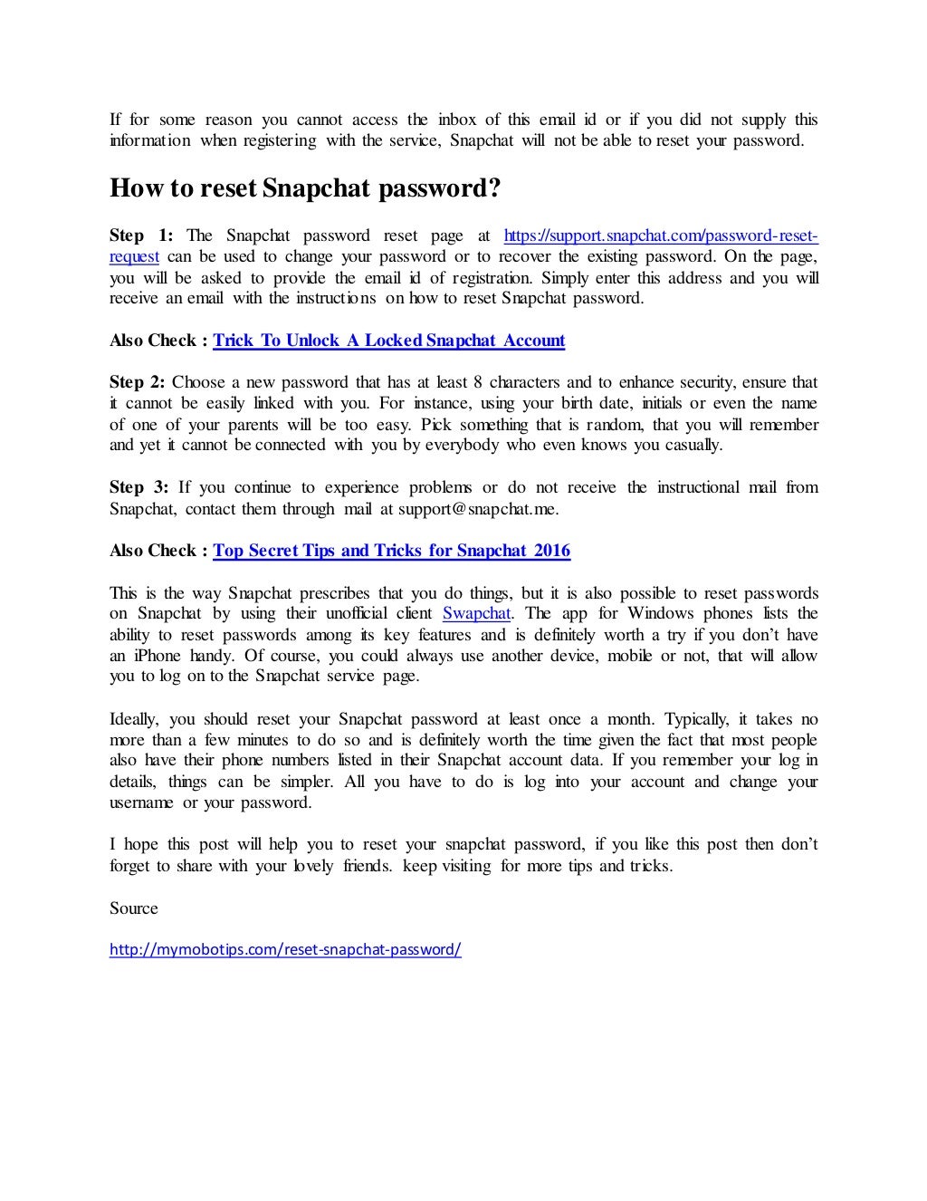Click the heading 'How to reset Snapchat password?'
(x=304, y=188)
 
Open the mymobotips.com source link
(x=285, y=950)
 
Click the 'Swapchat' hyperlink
(x=476, y=614)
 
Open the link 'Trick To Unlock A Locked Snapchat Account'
(x=388, y=341)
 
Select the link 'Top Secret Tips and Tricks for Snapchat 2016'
(x=391, y=551)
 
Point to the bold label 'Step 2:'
(x=138, y=382)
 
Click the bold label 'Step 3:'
(x=139, y=487)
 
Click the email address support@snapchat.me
(x=478, y=509)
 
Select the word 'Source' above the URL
(x=134, y=908)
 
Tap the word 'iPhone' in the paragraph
(x=158, y=656)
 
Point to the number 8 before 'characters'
(x=494, y=382)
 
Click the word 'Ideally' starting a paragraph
(x=135, y=719)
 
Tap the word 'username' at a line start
(x=142, y=802)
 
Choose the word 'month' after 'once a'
(x=629, y=719)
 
